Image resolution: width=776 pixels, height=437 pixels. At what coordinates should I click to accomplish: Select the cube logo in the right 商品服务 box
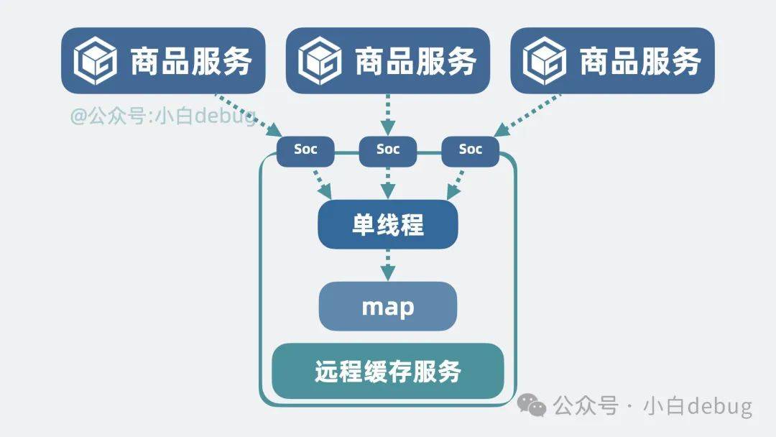[544, 60]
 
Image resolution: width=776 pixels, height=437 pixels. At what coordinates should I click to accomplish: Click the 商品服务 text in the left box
[190, 61]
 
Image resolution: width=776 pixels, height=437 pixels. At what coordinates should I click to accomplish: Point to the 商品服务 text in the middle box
[415, 61]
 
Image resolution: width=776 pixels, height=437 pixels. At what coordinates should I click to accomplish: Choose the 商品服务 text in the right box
[640, 61]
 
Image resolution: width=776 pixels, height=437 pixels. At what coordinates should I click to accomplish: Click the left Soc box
[305, 149]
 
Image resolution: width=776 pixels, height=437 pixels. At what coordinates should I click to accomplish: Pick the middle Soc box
[388, 149]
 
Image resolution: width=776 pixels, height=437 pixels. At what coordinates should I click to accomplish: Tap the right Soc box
[471, 149]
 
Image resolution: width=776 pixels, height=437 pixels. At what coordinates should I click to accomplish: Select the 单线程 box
[388, 225]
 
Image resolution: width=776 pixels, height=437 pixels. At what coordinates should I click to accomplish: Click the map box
[388, 307]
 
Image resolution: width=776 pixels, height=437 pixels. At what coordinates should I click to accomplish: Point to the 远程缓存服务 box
[388, 372]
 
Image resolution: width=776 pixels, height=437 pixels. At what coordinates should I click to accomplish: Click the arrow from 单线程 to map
[388, 265]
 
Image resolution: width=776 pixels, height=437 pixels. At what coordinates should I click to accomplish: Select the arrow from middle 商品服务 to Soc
[388, 115]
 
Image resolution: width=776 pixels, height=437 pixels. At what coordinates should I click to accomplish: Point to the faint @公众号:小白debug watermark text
[162, 116]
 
